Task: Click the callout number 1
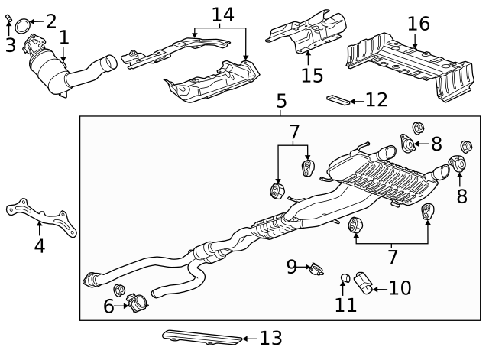(64, 36)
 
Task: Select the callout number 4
(39, 245)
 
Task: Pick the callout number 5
(281, 100)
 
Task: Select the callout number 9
(291, 266)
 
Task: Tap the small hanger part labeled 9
(316, 268)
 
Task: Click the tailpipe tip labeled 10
(363, 284)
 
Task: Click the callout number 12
(377, 99)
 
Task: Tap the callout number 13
(270, 337)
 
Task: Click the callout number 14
(222, 14)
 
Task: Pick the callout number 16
(418, 24)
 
